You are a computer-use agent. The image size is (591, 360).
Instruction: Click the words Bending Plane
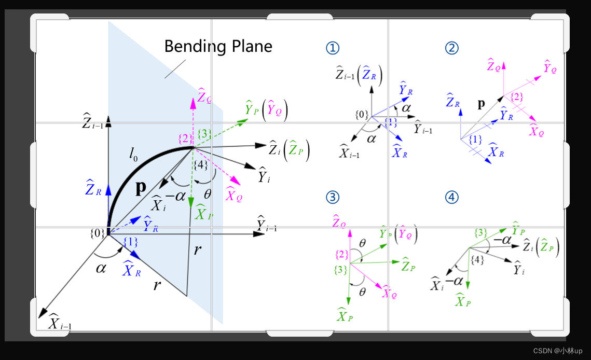218,47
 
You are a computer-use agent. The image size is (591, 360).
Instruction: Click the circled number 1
333,48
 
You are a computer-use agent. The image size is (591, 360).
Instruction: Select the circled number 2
452,48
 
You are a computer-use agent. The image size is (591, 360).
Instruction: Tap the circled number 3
333,197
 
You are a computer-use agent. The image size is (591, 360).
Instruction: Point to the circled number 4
452,197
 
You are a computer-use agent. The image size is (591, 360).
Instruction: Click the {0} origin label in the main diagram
97,233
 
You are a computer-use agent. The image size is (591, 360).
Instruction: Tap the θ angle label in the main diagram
208,194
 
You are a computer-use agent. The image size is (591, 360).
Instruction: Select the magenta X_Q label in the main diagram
234,195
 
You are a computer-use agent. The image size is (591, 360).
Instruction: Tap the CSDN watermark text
558,351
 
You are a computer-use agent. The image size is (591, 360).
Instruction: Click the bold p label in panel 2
481,104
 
